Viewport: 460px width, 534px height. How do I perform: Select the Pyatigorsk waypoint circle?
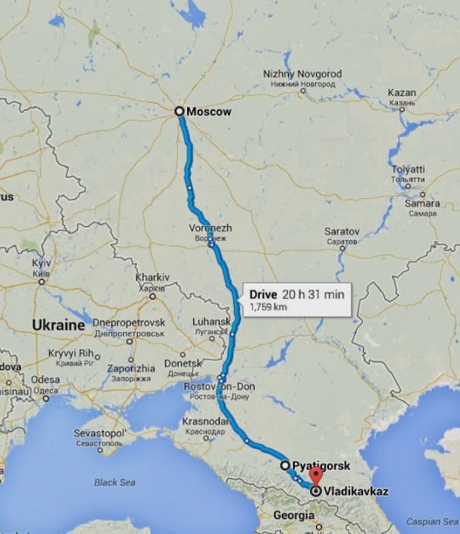coord(284,464)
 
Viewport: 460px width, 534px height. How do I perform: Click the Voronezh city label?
coord(212,228)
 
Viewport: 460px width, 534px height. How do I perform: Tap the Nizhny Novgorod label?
coord(302,73)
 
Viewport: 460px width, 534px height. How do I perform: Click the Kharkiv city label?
coord(152,278)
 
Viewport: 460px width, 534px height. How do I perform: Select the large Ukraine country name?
coord(57,324)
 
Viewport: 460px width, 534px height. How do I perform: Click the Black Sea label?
coord(114,482)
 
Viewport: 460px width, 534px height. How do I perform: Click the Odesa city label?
coord(45,379)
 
